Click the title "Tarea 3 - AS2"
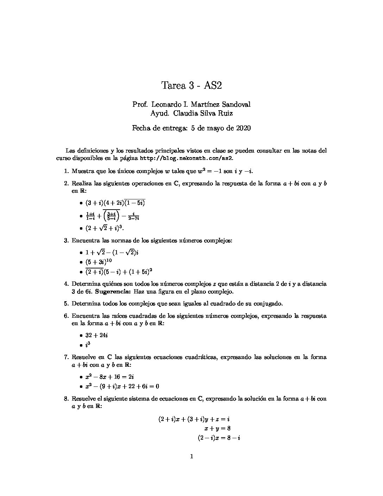click(x=191, y=86)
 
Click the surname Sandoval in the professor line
click(x=236, y=105)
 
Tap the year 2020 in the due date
click(x=243, y=128)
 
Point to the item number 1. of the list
click(x=66, y=171)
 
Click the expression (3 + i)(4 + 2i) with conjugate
click(x=115, y=203)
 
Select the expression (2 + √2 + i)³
click(x=105, y=228)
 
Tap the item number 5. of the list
click(x=66, y=303)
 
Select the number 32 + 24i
click(x=96, y=335)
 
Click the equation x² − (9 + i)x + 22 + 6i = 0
click(x=122, y=386)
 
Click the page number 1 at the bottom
click(x=191, y=457)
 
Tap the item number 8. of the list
click(x=66, y=399)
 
